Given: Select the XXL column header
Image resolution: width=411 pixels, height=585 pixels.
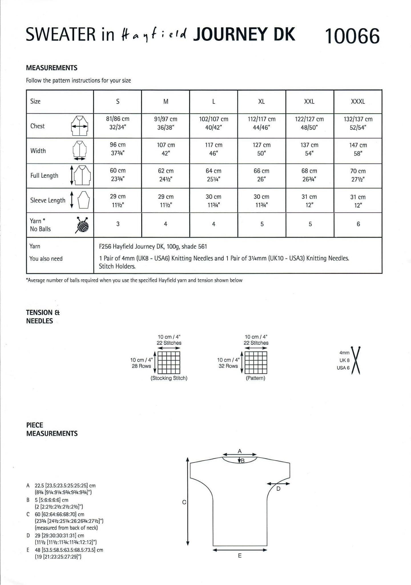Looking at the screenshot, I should click(309, 101).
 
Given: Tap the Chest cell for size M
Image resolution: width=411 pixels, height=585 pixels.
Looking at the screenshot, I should click(166, 123).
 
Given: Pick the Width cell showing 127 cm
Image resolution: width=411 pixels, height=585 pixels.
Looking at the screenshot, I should click(261, 149).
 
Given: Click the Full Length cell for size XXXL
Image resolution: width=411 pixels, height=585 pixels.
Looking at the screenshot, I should click(358, 175).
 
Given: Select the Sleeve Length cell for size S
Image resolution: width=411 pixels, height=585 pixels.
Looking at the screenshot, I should click(118, 201).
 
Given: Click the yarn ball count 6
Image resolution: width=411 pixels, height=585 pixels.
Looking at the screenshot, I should click(358, 224).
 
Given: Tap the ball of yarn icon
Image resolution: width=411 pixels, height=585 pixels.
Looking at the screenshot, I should click(82, 225).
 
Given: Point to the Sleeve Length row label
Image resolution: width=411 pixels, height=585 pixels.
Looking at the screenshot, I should click(48, 201).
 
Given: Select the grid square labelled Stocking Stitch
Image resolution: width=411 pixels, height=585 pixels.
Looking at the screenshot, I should click(169, 362).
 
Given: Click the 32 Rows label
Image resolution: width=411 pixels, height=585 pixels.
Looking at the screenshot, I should click(228, 366).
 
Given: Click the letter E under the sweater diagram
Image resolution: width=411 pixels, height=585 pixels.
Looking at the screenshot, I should click(239, 556).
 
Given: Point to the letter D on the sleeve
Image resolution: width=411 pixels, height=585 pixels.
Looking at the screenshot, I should click(279, 488).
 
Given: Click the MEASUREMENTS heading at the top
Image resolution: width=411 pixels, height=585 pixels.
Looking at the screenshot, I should click(52, 68).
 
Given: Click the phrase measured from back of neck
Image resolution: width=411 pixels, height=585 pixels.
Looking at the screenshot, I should click(66, 528).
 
